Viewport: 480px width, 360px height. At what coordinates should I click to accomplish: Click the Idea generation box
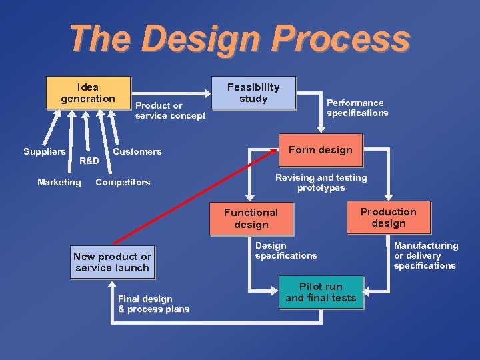[87, 93]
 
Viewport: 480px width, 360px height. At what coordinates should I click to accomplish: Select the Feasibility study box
[253, 93]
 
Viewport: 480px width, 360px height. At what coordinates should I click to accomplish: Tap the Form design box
[320, 150]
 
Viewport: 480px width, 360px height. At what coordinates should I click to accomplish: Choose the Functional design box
[251, 219]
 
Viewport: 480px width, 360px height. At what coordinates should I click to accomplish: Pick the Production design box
[388, 217]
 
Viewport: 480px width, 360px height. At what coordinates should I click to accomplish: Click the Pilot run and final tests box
[321, 292]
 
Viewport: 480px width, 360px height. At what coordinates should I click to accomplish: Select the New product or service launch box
[112, 262]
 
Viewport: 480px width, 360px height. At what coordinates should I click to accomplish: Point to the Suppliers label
[45, 151]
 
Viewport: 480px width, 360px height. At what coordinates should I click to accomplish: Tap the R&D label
[89, 161]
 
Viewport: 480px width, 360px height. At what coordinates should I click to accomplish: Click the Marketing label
[59, 182]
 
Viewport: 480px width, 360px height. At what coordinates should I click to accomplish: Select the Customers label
[137, 151]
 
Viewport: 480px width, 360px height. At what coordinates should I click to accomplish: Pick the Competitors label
[123, 182]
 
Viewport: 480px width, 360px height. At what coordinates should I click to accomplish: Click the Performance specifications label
[357, 108]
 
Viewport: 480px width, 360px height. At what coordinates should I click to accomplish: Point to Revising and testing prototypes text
[321, 183]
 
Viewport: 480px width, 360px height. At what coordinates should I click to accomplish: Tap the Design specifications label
[285, 251]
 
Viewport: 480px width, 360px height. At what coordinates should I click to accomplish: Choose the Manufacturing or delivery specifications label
[425, 255]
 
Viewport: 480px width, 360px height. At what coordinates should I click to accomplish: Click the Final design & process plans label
[153, 304]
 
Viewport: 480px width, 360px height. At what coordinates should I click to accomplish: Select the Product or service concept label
[170, 111]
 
